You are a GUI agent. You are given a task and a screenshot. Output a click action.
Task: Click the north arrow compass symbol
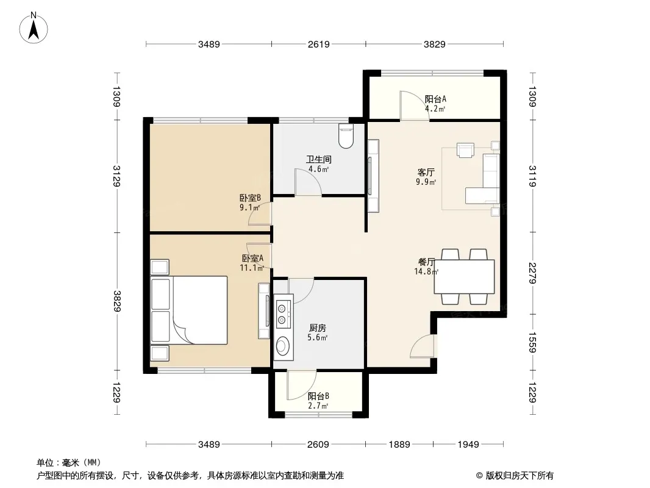pyautogui.click(x=34, y=28)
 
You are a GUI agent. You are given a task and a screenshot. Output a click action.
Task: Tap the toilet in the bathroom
pyautogui.click(x=346, y=135)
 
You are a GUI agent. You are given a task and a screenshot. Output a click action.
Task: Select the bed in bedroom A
pyautogui.click(x=189, y=310)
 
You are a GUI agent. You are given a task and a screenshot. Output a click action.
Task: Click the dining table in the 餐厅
pyautogui.click(x=464, y=276)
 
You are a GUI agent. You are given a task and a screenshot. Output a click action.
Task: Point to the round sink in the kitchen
pyautogui.click(x=284, y=345)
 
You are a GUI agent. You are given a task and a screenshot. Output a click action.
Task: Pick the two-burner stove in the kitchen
pyautogui.click(x=282, y=314)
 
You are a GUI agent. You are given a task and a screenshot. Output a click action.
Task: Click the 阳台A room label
pyautogui.click(x=435, y=99)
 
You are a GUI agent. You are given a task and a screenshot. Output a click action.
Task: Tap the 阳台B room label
pyautogui.click(x=318, y=396)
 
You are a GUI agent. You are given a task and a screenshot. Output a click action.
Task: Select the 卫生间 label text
pyautogui.click(x=319, y=159)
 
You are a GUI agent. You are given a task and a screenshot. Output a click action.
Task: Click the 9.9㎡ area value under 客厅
pyautogui.click(x=426, y=182)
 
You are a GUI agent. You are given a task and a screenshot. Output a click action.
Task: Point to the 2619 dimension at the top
pyautogui.click(x=318, y=44)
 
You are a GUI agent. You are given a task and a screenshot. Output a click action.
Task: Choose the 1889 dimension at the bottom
pyautogui.click(x=399, y=445)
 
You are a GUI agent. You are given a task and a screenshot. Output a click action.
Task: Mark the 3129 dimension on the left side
pyautogui.click(x=117, y=176)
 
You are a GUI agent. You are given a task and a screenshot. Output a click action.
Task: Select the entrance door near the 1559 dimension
pyautogui.click(x=423, y=346)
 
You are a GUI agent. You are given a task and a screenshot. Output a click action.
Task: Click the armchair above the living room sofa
pyautogui.click(x=465, y=150)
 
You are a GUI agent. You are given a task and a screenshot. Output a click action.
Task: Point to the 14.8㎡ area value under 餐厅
pyautogui.click(x=426, y=271)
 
